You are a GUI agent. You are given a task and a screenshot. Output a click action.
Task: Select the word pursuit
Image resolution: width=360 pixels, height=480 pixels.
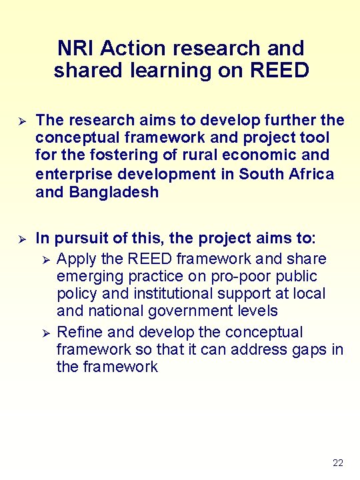coord(83,239)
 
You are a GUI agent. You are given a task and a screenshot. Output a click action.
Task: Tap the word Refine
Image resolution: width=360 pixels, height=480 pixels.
coord(80,332)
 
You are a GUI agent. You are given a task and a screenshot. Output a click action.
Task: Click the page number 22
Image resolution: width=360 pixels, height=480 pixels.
coord(337,463)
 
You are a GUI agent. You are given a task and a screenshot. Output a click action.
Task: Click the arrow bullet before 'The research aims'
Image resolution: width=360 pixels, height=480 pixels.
coord(21,121)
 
